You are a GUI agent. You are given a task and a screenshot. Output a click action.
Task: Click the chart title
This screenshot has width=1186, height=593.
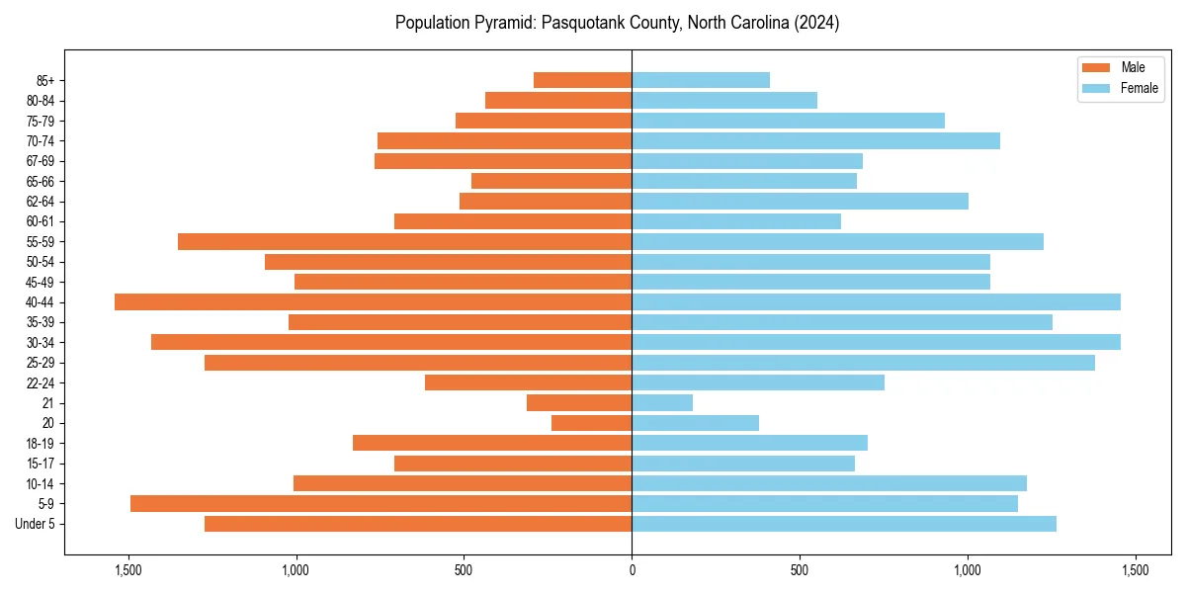click(x=617, y=23)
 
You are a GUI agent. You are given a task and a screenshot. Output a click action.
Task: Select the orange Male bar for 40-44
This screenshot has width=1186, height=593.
click(x=373, y=301)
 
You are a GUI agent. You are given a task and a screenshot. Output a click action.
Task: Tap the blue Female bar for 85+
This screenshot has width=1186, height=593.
click(x=700, y=80)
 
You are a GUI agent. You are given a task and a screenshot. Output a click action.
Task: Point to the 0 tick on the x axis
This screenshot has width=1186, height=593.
click(x=632, y=570)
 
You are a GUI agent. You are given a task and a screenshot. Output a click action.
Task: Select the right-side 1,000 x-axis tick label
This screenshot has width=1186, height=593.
click(x=968, y=570)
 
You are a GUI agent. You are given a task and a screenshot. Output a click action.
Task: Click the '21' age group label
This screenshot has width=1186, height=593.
click(x=47, y=403)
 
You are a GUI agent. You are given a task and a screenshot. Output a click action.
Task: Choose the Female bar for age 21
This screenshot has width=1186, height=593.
click(x=662, y=402)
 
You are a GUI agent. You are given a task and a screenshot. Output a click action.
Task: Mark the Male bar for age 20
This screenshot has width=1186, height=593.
click(x=591, y=423)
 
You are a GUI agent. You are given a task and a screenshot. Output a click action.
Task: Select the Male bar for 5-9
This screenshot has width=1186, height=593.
click(x=381, y=503)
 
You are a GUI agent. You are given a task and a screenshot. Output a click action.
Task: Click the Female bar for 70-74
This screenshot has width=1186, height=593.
click(x=815, y=140)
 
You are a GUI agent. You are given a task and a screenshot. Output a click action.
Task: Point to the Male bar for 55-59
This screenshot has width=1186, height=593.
click(x=404, y=241)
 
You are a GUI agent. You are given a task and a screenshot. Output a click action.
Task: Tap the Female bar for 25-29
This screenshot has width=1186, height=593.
click(x=863, y=363)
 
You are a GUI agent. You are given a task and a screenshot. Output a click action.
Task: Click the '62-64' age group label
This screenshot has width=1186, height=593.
click(x=41, y=202)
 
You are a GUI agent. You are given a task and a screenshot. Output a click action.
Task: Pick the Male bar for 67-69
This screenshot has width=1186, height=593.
click(x=503, y=161)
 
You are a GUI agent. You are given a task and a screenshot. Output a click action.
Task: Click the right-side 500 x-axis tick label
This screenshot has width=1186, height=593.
click(x=800, y=570)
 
